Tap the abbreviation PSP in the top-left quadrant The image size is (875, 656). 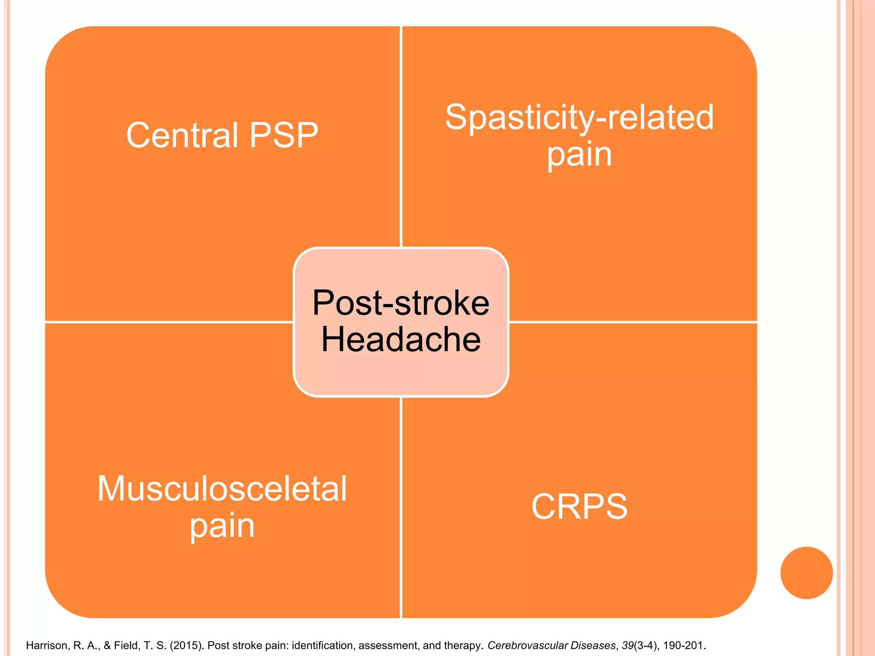coord(284,135)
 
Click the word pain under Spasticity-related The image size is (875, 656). coord(579,154)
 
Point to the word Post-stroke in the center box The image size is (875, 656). coord(401,303)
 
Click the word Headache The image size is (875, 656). coord(401,339)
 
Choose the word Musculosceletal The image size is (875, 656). coord(222,489)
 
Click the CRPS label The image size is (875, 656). coord(579,507)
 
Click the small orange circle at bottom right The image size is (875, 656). coord(806,573)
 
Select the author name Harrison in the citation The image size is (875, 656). coord(47,645)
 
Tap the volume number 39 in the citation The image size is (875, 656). coord(627,645)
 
